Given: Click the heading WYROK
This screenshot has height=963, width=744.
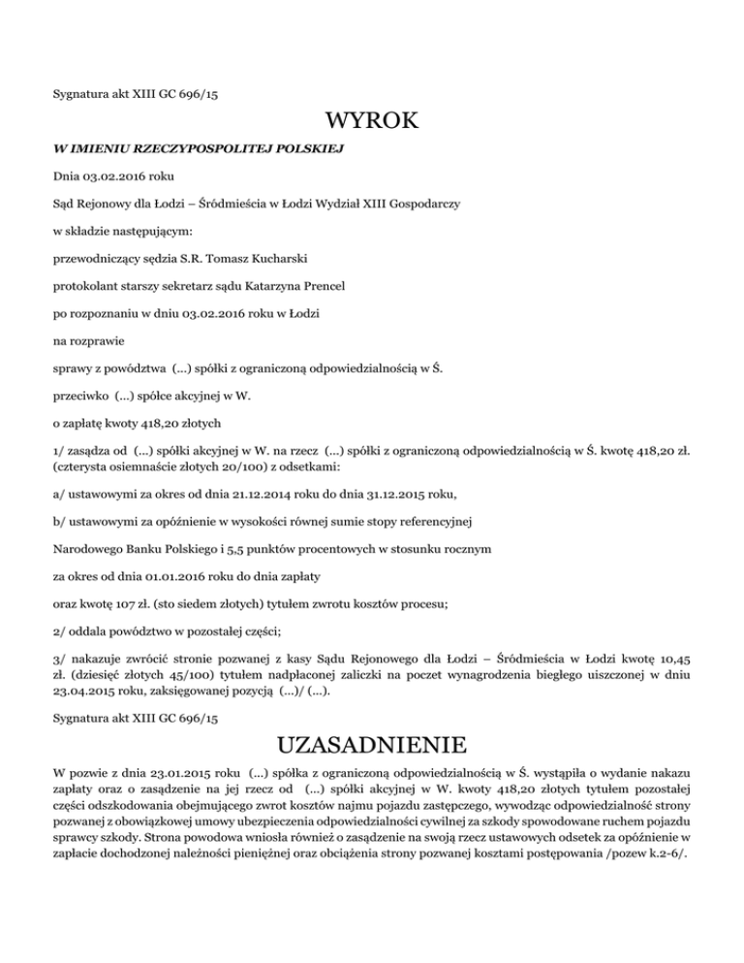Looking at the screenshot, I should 372,121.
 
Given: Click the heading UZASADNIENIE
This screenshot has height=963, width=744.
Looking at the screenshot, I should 372,747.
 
